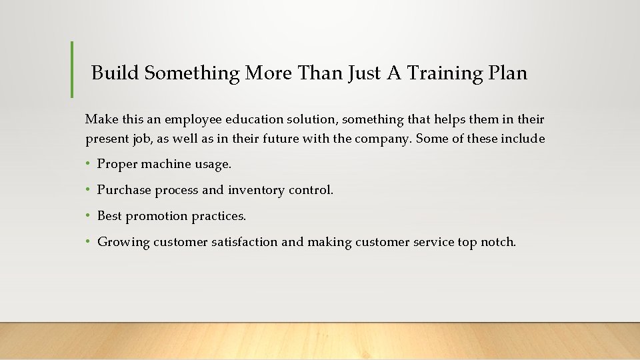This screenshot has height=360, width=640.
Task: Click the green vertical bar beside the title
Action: pyautogui.click(x=72, y=69)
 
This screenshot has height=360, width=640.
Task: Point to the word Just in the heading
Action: pyautogui.click(x=363, y=73)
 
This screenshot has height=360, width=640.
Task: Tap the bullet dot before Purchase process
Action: pyautogui.click(x=88, y=190)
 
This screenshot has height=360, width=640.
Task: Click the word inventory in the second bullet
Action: pyautogui.click(x=256, y=190)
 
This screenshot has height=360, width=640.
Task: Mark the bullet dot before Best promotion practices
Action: pyautogui.click(x=88, y=216)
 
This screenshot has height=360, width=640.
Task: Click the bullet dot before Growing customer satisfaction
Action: pyautogui.click(x=88, y=242)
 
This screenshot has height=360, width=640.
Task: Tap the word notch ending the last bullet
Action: pyautogui.click(x=498, y=242)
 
